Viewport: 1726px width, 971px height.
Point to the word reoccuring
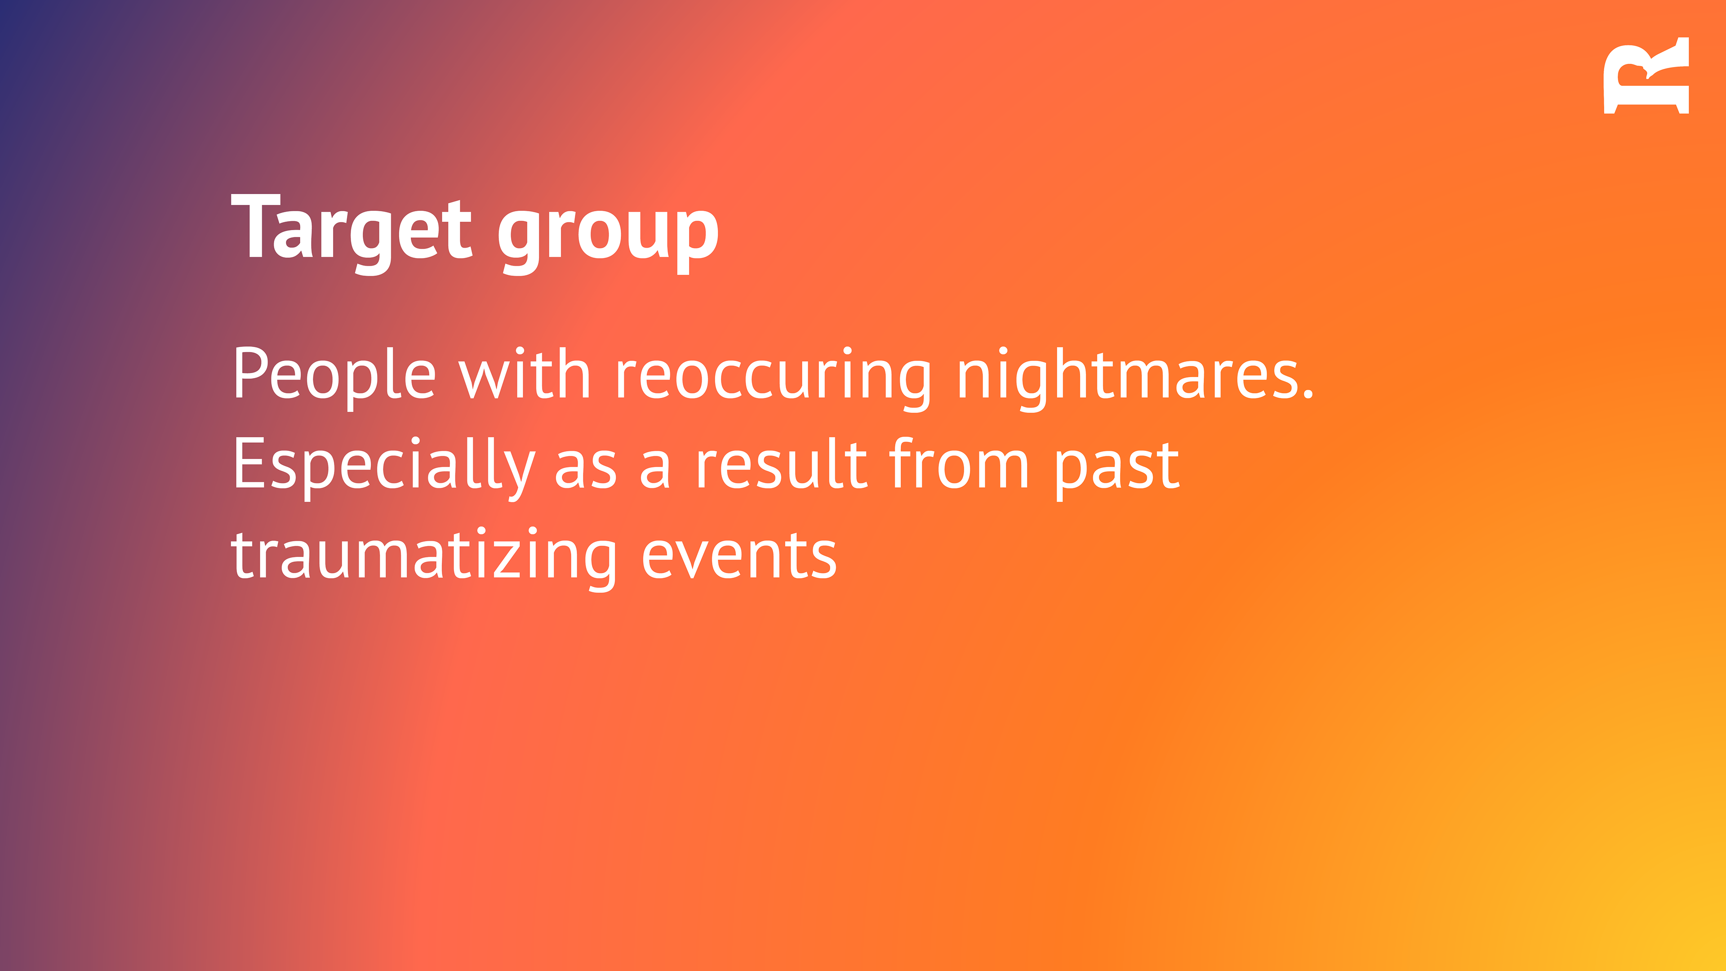[x=774, y=378]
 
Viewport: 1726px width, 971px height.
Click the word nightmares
[x=1125, y=378]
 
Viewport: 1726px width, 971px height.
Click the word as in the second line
[x=586, y=472]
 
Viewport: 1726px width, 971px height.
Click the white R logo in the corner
[x=1646, y=76]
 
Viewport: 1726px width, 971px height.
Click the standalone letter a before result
[x=654, y=472]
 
